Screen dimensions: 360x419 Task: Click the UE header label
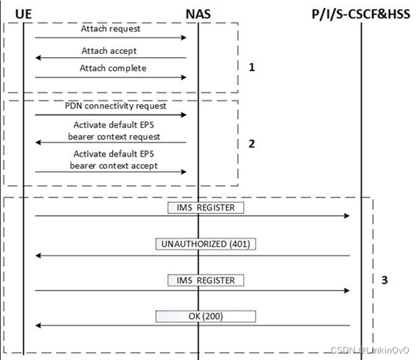[23, 14]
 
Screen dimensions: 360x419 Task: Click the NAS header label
[197, 14]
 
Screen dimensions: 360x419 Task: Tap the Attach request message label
[111, 29]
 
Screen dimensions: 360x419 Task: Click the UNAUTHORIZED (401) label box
[205, 244]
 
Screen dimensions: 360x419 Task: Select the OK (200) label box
[205, 316]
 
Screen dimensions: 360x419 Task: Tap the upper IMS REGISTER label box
[205, 208]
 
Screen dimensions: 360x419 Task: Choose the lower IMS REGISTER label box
[205, 280]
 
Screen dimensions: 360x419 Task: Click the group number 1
[252, 67]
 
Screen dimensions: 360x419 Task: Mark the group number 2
[252, 143]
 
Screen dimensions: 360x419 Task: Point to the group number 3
[384, 280]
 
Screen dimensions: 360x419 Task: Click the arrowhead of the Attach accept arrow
[38, 58]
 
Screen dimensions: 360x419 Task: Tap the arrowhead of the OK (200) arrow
[38, 326]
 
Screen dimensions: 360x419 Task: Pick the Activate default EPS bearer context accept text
[114, 160]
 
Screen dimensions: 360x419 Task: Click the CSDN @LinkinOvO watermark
[373, 349]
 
